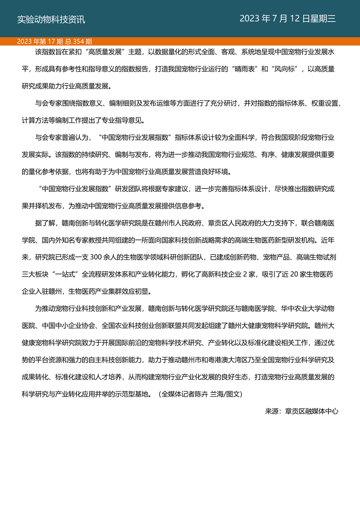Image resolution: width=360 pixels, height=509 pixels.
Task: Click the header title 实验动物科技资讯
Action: coord(51,19)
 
